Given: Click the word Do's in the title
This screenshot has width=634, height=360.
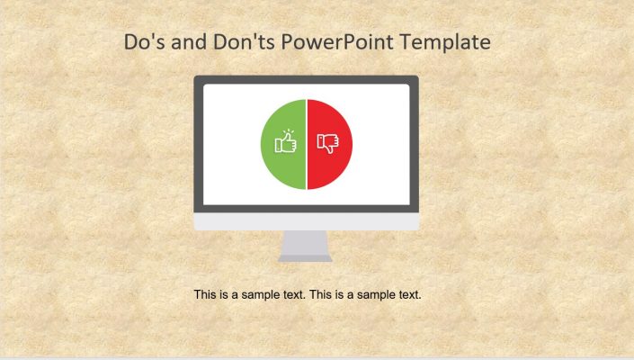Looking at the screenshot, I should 143,42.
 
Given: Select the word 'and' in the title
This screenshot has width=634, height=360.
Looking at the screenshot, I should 189,42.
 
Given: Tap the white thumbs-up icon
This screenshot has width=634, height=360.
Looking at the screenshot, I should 286,143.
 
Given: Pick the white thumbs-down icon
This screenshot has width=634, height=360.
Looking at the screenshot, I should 327,143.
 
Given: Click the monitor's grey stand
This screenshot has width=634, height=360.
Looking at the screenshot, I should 306,245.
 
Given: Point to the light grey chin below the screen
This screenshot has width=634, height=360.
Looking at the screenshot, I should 306,221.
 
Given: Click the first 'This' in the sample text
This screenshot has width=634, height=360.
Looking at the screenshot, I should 206,294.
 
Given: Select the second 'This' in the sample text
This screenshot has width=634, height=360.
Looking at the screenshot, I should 321,294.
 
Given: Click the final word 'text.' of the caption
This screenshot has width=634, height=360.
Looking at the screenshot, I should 409,294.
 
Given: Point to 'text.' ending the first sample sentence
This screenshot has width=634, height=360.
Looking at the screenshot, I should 294,294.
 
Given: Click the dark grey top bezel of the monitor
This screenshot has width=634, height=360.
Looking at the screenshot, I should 306,80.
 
